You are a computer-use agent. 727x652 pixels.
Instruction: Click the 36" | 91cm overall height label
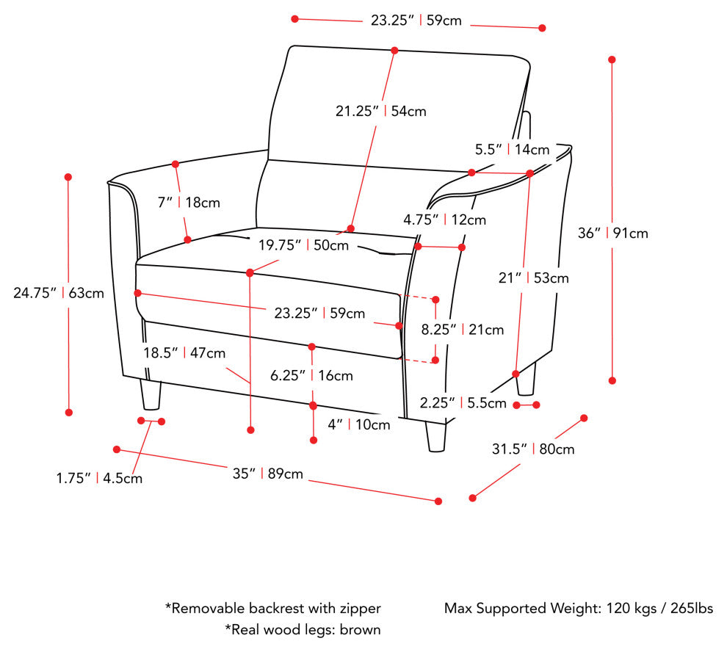[x=612, y=233]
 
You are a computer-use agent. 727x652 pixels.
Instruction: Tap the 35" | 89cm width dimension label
[x=267, y=474]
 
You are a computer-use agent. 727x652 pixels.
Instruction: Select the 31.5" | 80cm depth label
[x=533, y=449]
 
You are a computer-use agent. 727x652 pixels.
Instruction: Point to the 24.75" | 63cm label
[x=59, y=293]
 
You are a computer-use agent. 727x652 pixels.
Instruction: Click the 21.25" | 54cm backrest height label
[x=380, y=112]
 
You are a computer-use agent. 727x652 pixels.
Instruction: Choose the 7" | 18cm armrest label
[x=189, y=203]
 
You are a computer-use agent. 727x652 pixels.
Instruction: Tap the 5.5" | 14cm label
[x=513, y=150]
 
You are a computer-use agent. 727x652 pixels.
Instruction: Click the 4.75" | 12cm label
[x=444, y=220]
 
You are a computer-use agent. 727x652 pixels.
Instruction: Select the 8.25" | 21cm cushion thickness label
[x=462, y=330]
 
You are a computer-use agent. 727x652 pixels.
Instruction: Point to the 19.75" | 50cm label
[x=304, y=245]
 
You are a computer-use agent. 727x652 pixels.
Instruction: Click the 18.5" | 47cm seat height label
[x=184, y=353]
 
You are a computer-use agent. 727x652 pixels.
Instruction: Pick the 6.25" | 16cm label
[x=311, y=376]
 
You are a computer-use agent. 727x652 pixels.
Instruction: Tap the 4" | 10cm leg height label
[x=359, y=425]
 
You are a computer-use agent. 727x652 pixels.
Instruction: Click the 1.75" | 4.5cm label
[x=99, y=478]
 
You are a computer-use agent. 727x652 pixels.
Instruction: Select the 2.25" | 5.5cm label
[x=463, y=403]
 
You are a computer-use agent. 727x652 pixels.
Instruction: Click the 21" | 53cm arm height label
[x=534, y=278]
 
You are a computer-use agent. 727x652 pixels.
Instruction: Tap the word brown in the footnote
[x=361, y=630]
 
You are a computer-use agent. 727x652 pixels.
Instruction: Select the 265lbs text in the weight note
[x=692, y=608]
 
